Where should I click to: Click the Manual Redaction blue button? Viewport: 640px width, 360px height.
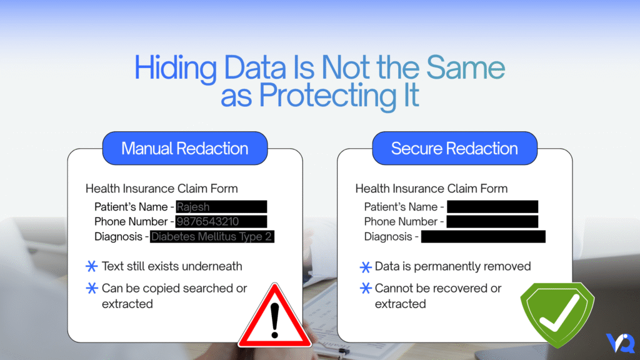tap(184, 149)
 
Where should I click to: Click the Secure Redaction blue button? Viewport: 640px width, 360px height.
tap(454, 149)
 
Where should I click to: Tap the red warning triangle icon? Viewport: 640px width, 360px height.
tap(274, 317)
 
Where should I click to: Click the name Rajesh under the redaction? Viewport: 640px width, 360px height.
tap(193, 207)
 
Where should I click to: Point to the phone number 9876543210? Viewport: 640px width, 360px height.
tap(207, 222)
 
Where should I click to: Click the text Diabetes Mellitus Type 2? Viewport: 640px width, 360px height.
tap(212, 237)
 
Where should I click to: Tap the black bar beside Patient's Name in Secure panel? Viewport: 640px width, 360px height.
tap(492, 207)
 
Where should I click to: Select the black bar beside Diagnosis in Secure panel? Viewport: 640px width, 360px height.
tap(483, 237)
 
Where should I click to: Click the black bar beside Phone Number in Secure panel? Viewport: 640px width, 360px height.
tap(492, 222)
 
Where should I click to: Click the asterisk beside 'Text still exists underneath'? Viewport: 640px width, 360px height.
tap(91, 267)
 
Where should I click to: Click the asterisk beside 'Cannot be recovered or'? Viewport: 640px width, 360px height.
tap(366, 289)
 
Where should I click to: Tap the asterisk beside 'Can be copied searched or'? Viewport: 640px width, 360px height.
tap(91, 289)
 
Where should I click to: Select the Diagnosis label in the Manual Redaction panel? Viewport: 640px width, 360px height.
tap(119, 237)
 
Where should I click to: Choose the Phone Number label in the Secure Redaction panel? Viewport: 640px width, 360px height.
tap(401, 222)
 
